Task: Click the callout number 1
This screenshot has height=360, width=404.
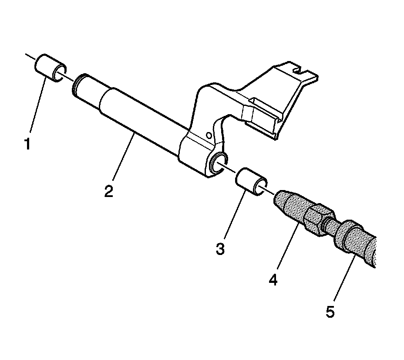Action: (27, 144)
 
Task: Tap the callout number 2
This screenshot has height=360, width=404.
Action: (108, 191)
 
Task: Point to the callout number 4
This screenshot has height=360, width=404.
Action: (273, 279)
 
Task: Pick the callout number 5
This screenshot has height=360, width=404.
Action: (330, 312)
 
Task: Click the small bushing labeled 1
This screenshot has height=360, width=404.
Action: (50, 68)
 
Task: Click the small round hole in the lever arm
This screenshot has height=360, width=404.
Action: (209, 136)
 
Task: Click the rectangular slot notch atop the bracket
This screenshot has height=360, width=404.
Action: (298, 69)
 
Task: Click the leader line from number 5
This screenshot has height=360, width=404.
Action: (344, 279)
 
